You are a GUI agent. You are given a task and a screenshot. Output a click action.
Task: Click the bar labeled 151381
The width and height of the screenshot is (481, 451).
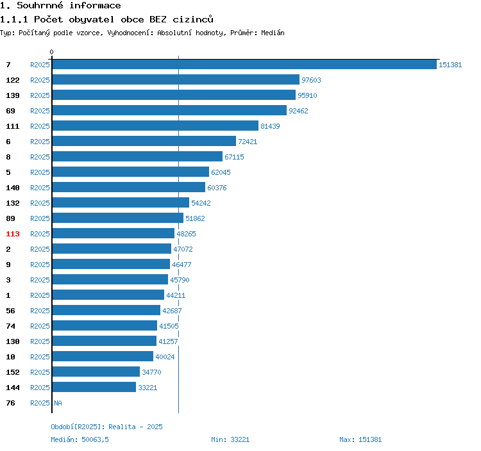point(244,65)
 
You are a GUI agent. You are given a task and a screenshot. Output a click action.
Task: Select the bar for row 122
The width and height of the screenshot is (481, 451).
point(176,80)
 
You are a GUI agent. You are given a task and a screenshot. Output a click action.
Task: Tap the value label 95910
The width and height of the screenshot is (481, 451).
point(307,95)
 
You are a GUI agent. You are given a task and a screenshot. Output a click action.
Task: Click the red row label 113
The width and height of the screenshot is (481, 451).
point(13,234)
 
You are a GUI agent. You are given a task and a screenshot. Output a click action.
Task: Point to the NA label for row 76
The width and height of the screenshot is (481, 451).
point(58,403)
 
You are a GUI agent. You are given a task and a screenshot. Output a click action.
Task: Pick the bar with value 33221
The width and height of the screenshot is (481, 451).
point(94,388)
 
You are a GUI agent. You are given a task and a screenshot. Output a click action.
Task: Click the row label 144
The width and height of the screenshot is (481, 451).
point(13,388)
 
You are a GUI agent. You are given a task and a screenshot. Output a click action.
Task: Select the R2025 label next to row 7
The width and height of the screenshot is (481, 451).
point(40,65)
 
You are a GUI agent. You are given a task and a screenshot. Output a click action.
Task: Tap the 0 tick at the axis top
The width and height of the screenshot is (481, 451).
point(52,52)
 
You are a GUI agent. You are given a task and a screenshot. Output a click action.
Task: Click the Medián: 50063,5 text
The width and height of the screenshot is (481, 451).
point(81,439)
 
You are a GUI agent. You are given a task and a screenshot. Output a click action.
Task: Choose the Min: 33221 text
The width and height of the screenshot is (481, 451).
point(230,439)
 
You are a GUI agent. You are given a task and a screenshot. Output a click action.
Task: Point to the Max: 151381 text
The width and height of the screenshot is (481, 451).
point(360,439)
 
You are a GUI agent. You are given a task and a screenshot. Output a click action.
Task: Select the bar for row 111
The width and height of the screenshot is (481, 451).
point(155,126)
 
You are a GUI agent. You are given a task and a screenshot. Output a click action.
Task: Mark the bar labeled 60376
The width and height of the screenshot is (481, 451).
point(128,188)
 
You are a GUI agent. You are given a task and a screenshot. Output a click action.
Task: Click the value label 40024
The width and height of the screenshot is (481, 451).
point(165,357)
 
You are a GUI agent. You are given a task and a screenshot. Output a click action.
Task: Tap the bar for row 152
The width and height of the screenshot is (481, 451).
point(96,372)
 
